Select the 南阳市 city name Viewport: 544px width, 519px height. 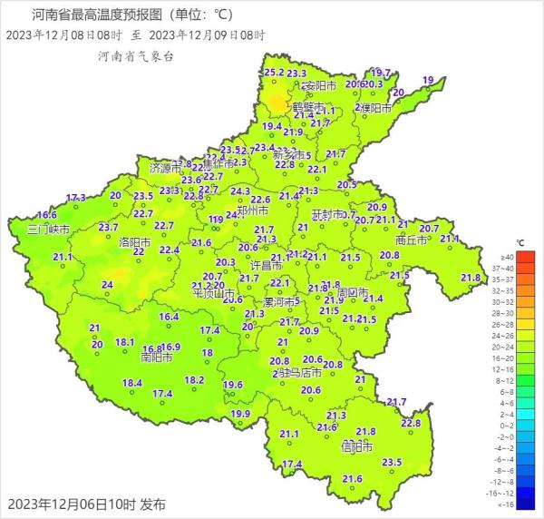click(x=132, y=357)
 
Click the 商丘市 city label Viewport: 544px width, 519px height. click(x=413, y=240)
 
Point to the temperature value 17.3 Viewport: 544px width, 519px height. click(x=76, y=198)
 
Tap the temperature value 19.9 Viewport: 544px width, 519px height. click(x=240, y=414)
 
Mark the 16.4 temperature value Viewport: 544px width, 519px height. click(x=170, y=317)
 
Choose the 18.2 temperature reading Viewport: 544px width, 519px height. click(x=194, y=380)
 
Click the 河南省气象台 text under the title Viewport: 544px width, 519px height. click(x=136, y=56)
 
